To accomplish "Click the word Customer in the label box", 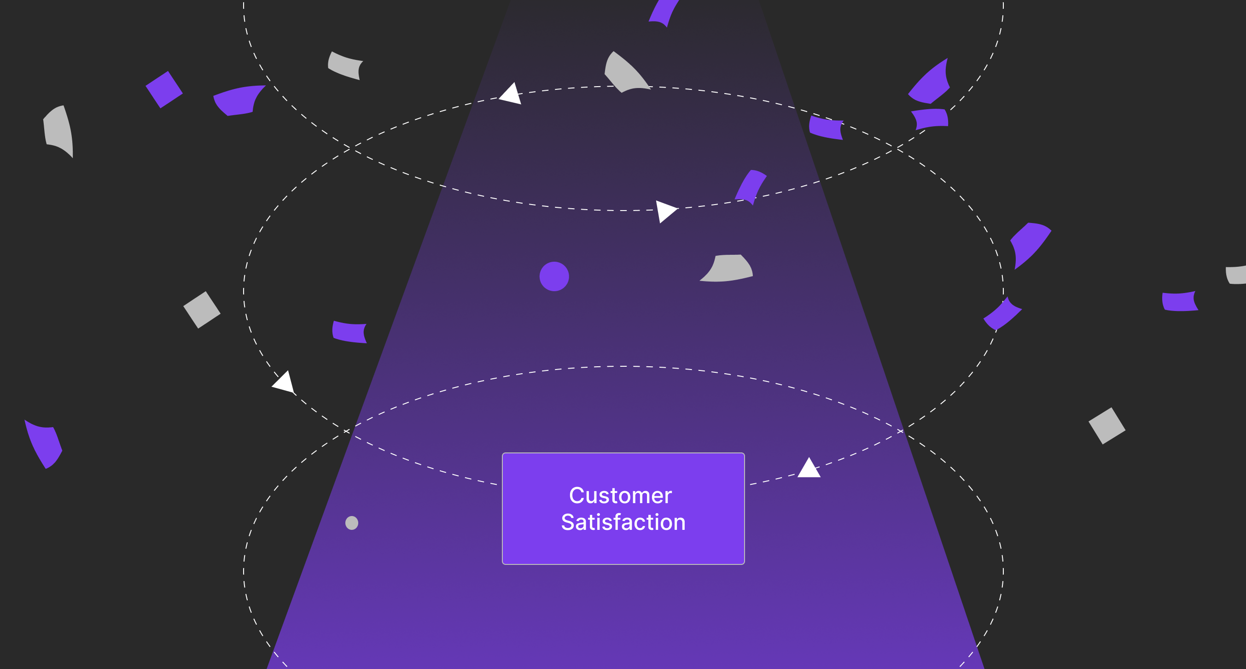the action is pos(620,496).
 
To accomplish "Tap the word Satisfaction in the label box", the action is pos(623,522).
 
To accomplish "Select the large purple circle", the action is pos(554,276).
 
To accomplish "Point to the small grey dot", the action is pos(352,523).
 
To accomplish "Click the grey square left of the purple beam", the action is pos(202,310).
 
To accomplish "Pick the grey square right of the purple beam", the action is pos(1106,426).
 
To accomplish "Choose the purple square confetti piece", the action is pos(164,89).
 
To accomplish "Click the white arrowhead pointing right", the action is pos(665,211).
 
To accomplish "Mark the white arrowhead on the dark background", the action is pos(285,382).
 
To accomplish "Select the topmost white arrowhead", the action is pos(511,94).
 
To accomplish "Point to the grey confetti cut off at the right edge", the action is pos(1236,275).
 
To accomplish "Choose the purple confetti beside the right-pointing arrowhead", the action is pos(750,187).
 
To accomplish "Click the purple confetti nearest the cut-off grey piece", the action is pos(1179,301).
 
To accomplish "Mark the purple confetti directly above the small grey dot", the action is pos(349,332).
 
